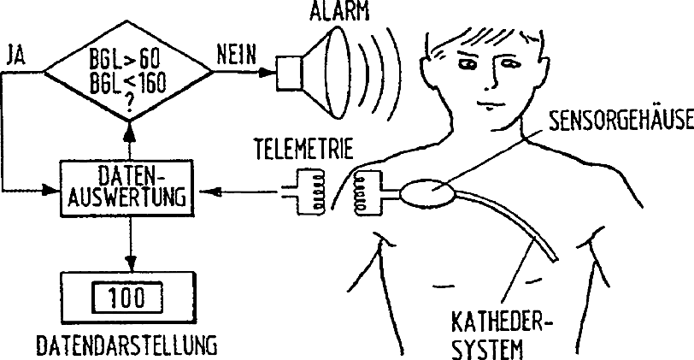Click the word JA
pos(15,56)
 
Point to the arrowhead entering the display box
pos(128,262)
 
